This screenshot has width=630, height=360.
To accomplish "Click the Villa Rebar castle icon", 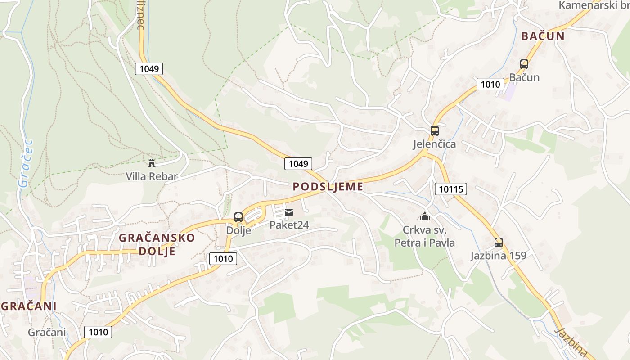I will pyautogui.click(x=151, y=163).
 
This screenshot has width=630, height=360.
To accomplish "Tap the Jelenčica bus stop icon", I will pyautogui.click(x=434, y=131).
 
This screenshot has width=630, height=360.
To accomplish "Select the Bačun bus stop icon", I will pyautogui.click(x=524, y=64).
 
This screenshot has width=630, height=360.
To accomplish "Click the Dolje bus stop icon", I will pyautogui.click(x=238, y=217).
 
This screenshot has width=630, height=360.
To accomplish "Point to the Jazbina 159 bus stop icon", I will pyautogui.click(x=498, y=243).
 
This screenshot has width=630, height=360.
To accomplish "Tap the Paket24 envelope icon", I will pyautogui.click(x=289, y=212).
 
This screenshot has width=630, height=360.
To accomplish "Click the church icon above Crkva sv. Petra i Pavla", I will pyautogui.click(x=424, y=216).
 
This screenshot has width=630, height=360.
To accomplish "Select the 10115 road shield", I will pyautogui.click(x=450, y=189).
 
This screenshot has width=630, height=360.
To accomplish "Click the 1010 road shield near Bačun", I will pyautogui.click(x=490, y=84).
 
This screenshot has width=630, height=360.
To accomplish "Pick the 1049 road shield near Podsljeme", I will pyautogui.click(x=298, y=164).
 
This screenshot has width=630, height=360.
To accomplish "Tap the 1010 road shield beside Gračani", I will pyautogui.click(x=98, y=332).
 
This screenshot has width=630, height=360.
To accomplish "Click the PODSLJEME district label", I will pyautogui.click(x=328, y=187).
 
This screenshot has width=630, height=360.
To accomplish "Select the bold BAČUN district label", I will pyautogui.click(x=543, y=36).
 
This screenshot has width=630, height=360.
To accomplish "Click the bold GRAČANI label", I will pyautogui.click(x=29, y=306).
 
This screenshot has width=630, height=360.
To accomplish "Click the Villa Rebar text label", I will pyautogui.click(x=152, y=176).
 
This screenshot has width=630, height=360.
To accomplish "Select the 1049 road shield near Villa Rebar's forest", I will pyautogui.click(x=148, y=69).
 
